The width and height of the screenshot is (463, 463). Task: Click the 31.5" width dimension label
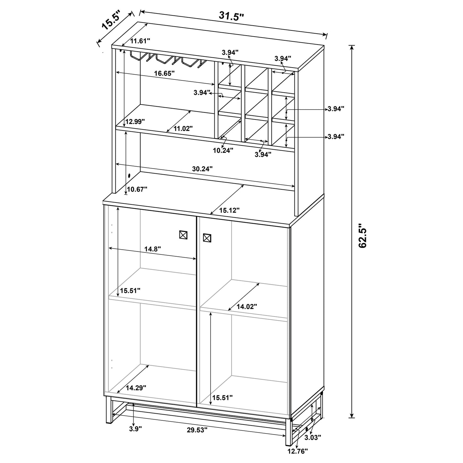point(231,16)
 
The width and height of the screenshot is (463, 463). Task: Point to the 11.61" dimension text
point(140,41)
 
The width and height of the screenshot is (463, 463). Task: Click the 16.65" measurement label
point(164,73)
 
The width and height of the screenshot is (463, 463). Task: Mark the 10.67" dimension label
point(137,189)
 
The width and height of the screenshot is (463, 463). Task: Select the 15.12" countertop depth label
point(229,210)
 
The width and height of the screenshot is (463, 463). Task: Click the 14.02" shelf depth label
point(247,307)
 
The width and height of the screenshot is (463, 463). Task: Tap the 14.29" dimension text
point(136,388)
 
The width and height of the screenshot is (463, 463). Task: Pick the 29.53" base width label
point(197,430)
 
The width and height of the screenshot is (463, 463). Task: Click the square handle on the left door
point(183,235)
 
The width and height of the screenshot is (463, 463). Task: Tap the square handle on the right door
point(207,238)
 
